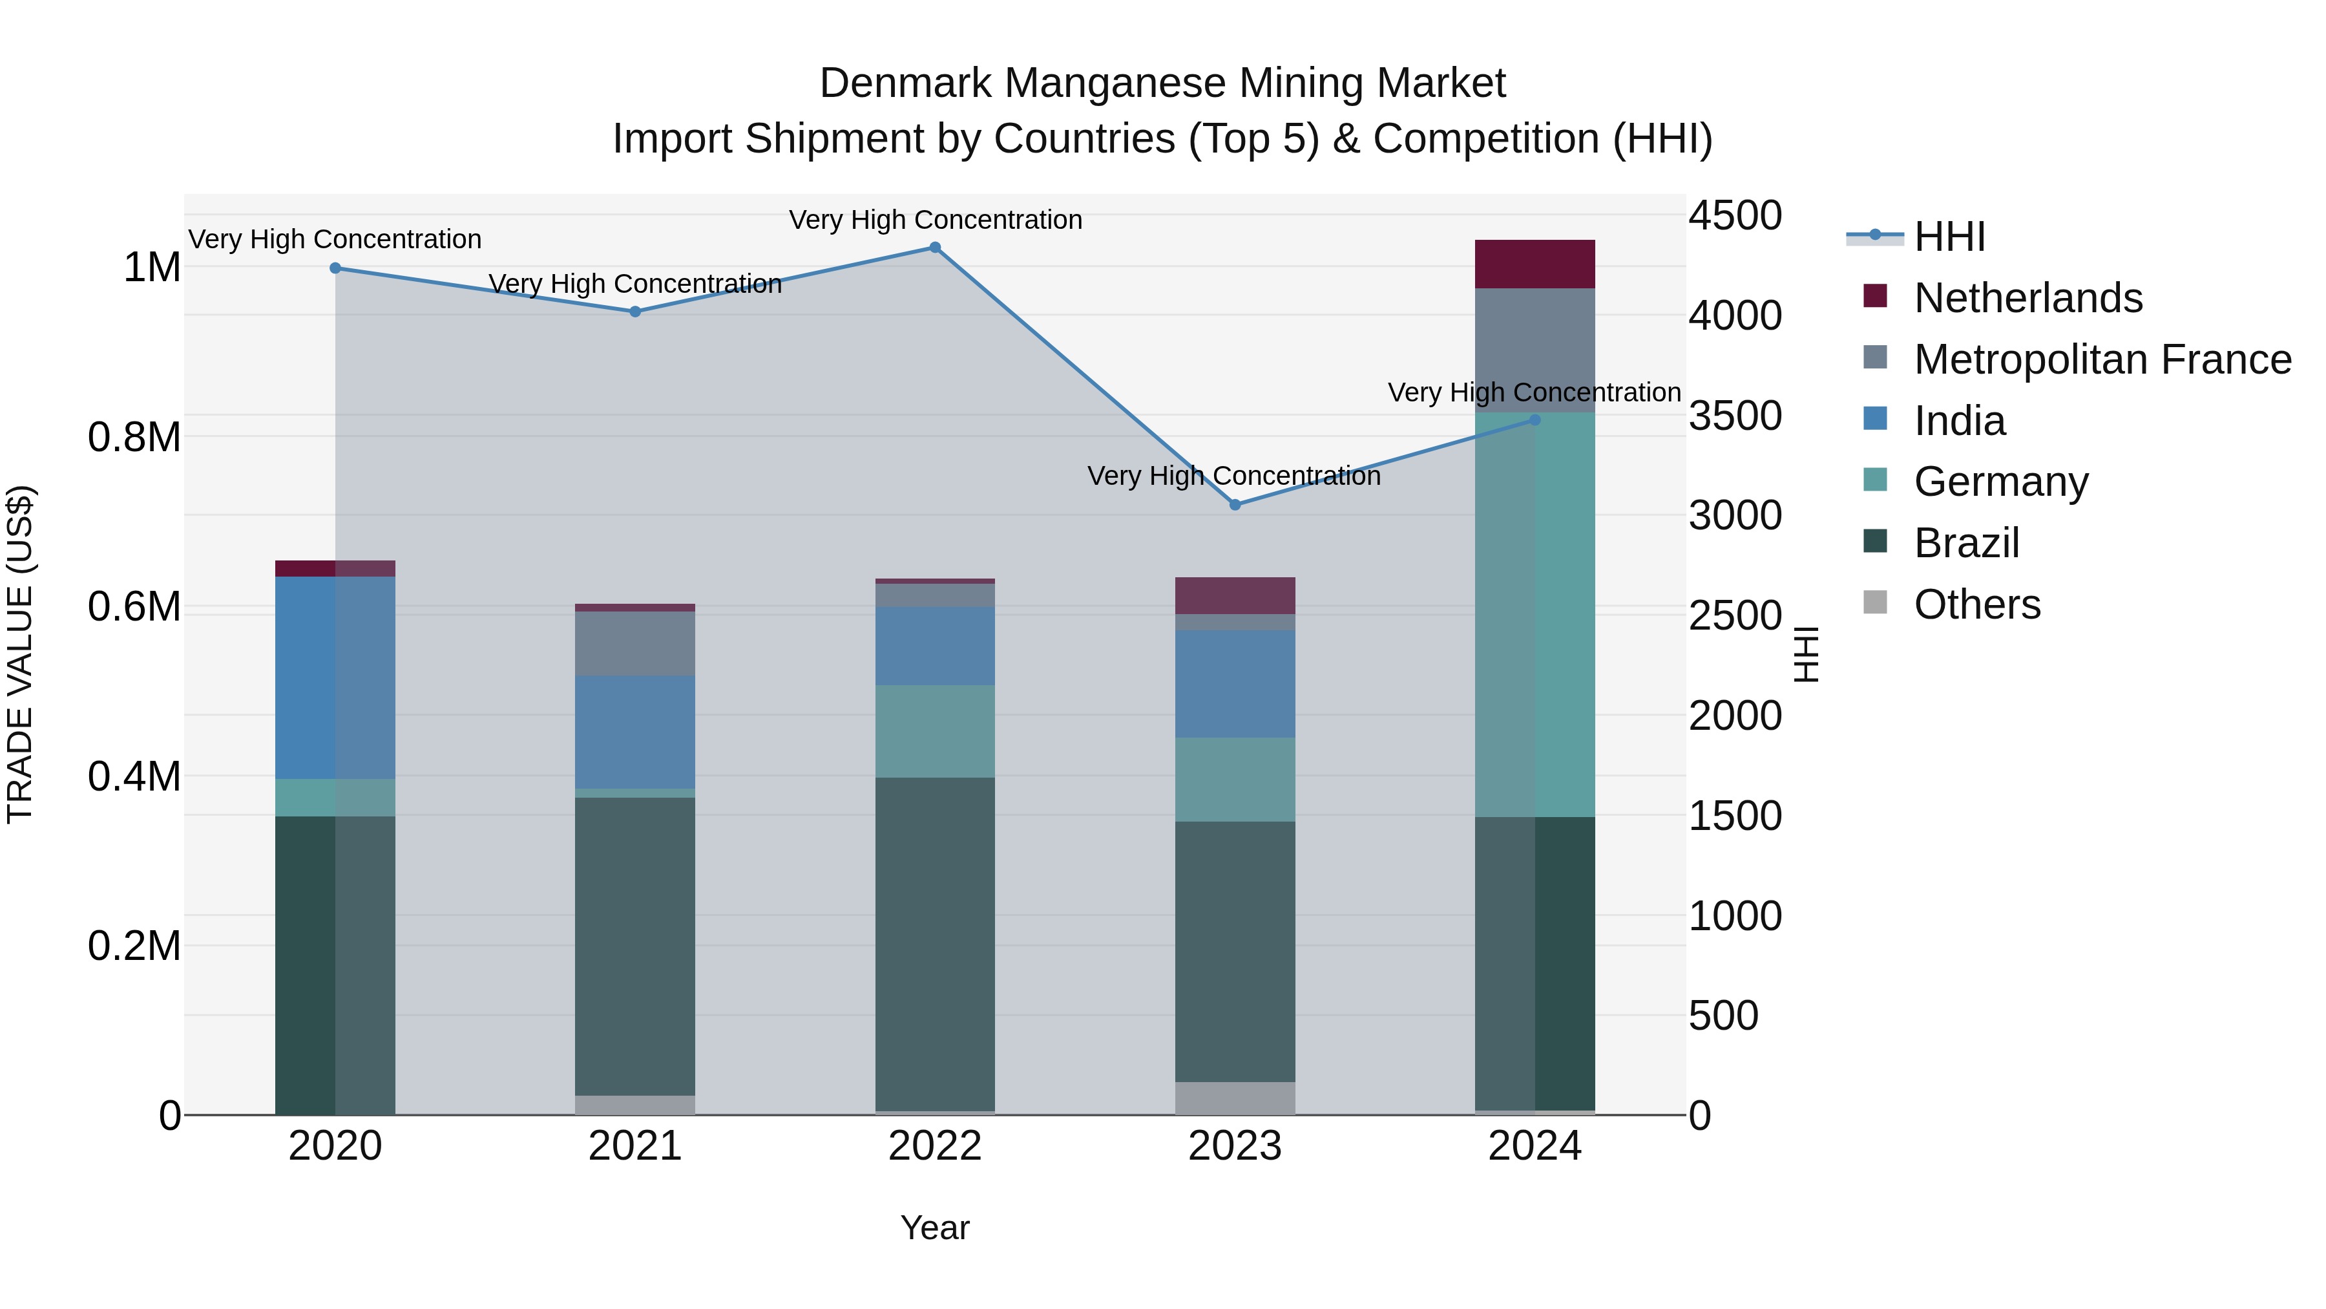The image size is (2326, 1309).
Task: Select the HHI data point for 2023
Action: click(x=1235, y=505)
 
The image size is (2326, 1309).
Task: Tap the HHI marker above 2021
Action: click(x=634, y=312)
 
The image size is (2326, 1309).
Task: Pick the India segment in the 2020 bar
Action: click(x=335, y=677)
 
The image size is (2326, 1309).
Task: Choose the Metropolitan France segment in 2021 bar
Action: click(x=634, y=643)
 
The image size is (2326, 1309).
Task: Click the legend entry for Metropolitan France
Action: click(x=2102, y=359)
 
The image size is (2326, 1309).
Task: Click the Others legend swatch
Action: click(x=1876, y=602)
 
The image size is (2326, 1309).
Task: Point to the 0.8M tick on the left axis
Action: click(x=134, y=437)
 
